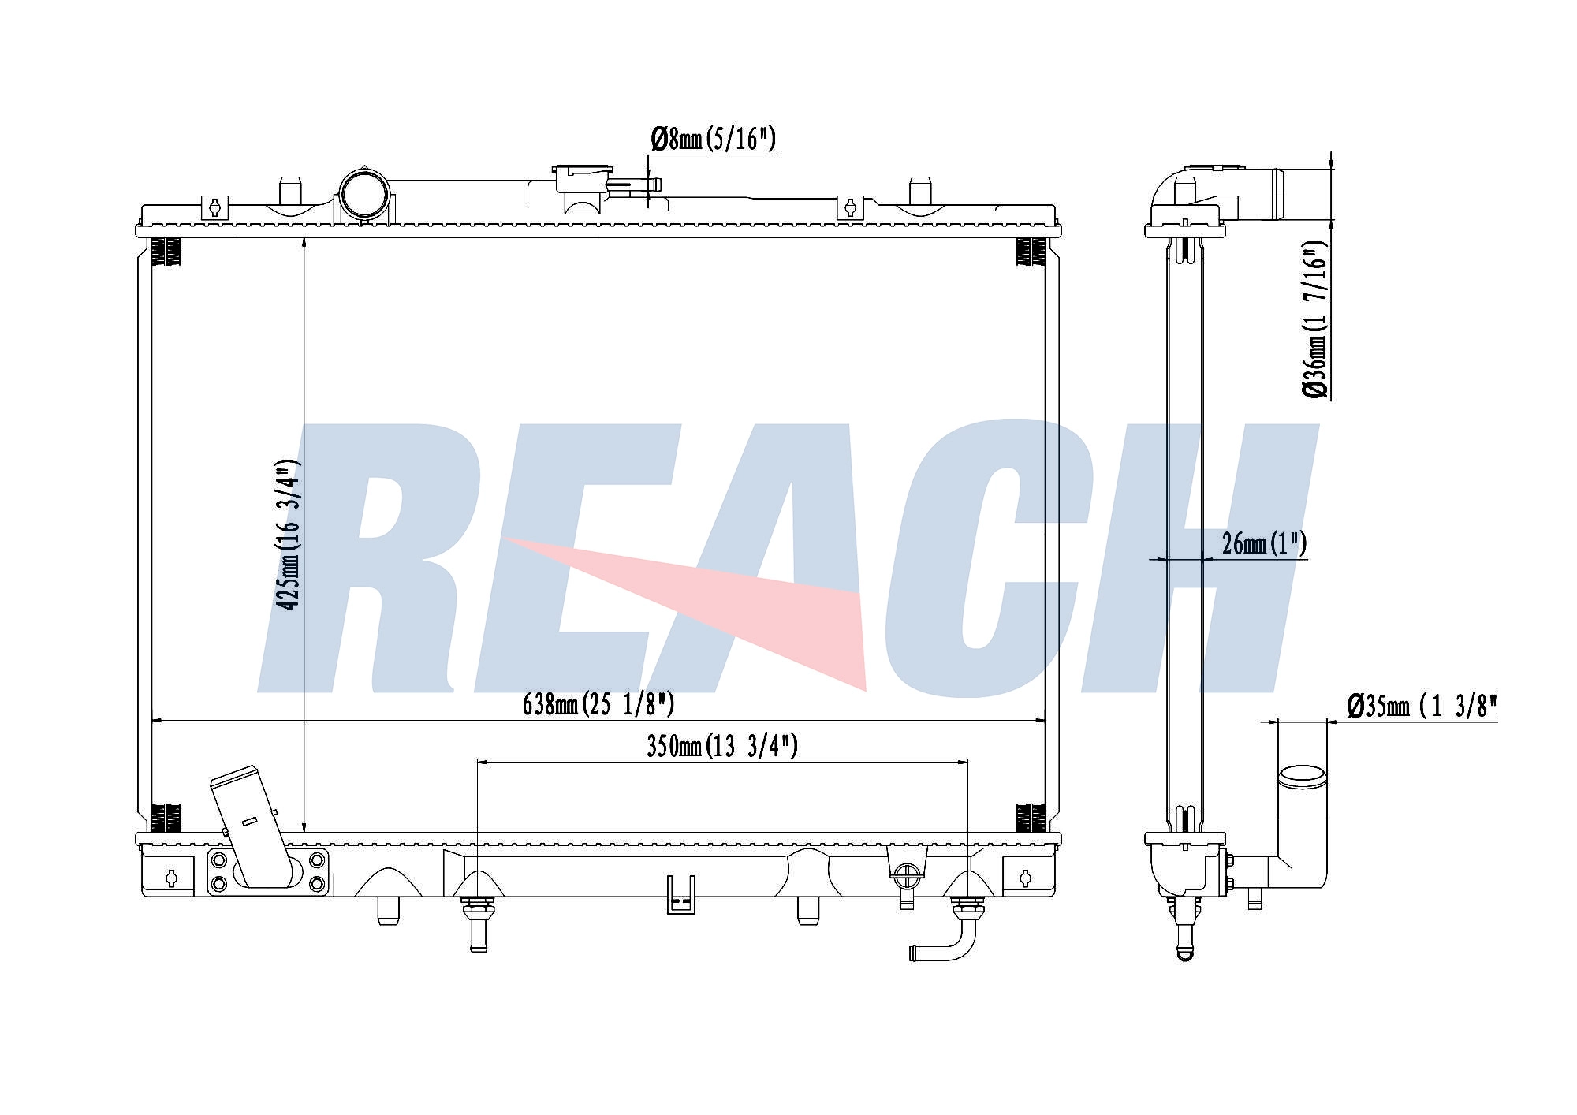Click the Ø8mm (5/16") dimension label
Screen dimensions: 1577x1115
point(714,140)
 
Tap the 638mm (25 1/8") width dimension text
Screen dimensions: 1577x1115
point(598,703)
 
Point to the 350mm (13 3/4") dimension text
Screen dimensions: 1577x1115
point(722,745)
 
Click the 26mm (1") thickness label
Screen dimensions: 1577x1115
point(1265,543)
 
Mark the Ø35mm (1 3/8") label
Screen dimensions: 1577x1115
point(1422,706)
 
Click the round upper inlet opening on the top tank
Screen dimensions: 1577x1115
point(364,193)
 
